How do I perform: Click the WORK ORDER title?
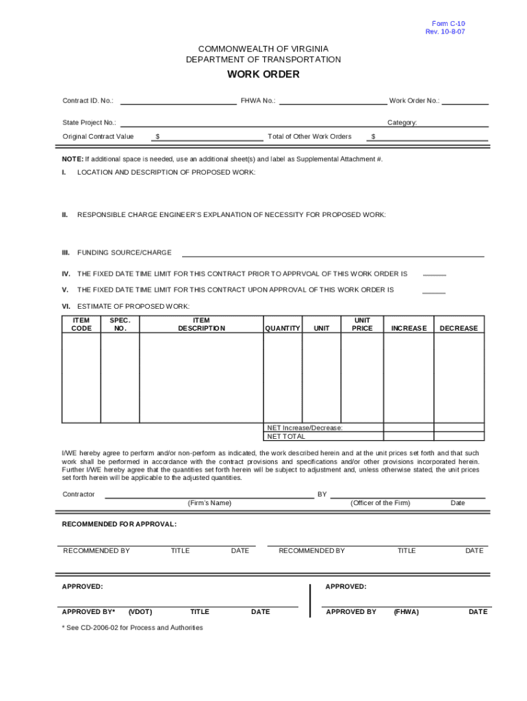[263, 75]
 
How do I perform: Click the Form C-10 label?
[449, 24]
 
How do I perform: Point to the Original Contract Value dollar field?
[209, 137]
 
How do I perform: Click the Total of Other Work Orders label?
[309, 136]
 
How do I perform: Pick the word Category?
[402, 123]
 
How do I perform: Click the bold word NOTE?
[73, 159]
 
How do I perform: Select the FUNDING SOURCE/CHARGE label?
[124, 253]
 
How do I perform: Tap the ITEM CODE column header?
[81, 324]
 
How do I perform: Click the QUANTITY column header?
[283, 329]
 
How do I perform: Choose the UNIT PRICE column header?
[362, 324]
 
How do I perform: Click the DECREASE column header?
[459, 329]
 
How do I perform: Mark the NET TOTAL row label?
[286, 436]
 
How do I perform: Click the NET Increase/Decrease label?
[305, 428]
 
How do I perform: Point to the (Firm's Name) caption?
[209, 503]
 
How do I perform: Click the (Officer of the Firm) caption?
[380, 503]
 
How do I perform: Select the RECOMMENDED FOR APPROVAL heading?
[119, 524]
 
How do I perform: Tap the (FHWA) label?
[406, 612]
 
